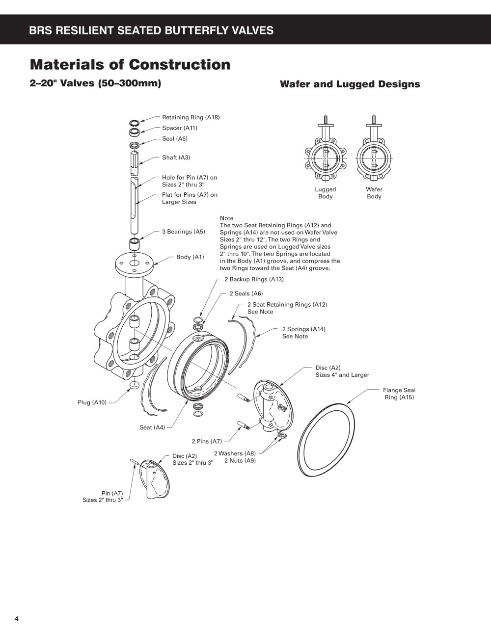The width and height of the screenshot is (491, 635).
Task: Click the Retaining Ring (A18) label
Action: coord(191,117)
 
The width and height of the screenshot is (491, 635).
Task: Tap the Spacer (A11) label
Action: coord(180,128)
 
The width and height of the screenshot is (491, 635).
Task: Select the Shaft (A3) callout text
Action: coord(176,158)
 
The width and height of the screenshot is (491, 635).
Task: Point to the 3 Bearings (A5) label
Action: coord(184,232)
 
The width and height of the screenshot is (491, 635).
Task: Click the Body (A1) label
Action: coord(190,257)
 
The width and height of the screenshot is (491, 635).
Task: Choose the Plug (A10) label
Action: coord(92,403)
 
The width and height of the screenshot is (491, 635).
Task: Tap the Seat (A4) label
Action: coord(152,428)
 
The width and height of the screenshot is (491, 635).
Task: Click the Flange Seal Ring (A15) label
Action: coord(399,394)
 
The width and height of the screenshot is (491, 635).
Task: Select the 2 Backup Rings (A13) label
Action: coord(254,279)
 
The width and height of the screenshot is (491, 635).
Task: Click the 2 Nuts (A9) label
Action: coord(240,461)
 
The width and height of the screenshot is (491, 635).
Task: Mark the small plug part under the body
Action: coord(134,385)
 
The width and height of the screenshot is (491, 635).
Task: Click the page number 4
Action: coord(17,619)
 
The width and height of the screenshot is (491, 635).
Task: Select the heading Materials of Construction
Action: coord(130,65)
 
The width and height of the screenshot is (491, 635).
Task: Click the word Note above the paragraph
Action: coord(226,218)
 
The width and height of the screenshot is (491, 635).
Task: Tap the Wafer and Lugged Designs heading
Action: coord(350,84)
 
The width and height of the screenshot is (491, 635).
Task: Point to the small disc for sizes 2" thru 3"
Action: coord(155,479)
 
